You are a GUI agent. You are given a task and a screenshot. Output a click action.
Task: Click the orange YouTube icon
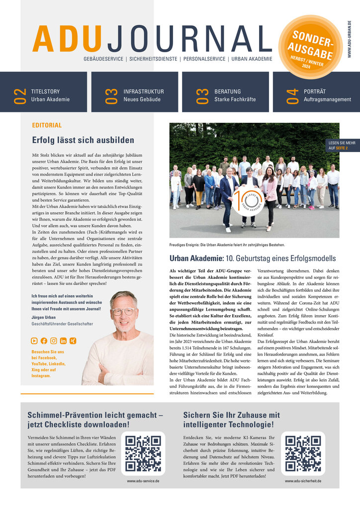pos(34,340)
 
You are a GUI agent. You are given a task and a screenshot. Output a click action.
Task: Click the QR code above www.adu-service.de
pos(144,453)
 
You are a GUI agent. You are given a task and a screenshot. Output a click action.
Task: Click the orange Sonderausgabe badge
pos(311,47)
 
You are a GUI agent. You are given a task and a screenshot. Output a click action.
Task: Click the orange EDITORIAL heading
pos(47,125)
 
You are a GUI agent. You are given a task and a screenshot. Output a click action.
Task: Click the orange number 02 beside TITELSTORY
pos(19,95)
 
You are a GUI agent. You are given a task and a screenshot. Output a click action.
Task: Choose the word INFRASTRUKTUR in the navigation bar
pos(144,91)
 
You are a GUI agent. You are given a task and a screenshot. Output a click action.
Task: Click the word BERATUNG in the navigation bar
pos(228,91)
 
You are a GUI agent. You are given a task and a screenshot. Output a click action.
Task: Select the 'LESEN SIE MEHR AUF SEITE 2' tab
pos(342,145)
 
